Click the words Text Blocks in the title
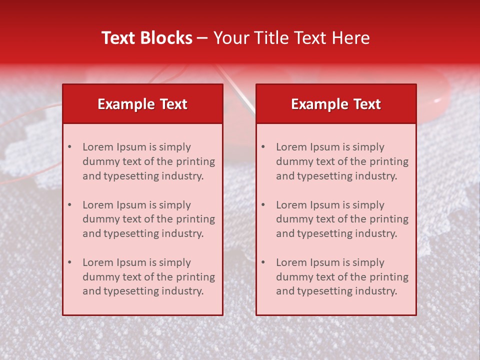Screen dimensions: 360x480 tap(147, 38)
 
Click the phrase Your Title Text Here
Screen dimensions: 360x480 tap(291, 38)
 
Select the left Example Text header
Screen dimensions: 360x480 tap(142, 104)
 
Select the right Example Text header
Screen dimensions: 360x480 tap(336, 104)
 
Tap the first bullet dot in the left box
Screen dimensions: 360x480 tap(69, 147)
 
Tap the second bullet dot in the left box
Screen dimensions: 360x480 tap(69, 205)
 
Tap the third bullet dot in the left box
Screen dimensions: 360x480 tap(69, 262)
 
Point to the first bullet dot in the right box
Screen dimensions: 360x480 tap(263, 147)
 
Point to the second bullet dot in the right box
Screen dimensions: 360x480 tap(263, 205)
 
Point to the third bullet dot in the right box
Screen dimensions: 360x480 tap(263, 262)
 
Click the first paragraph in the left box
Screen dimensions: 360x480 tap(148, 161)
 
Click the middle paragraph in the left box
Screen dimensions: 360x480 tap(148, 219)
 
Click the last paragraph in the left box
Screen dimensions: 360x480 tap(148, 277)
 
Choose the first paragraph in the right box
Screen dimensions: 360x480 tap(342, 161)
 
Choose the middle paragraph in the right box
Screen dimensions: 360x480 tap(342, 219)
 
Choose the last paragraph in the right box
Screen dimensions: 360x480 tap(342, 277)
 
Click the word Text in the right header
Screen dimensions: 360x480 tap(367, 104)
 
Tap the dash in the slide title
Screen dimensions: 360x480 tap(202, 38)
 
